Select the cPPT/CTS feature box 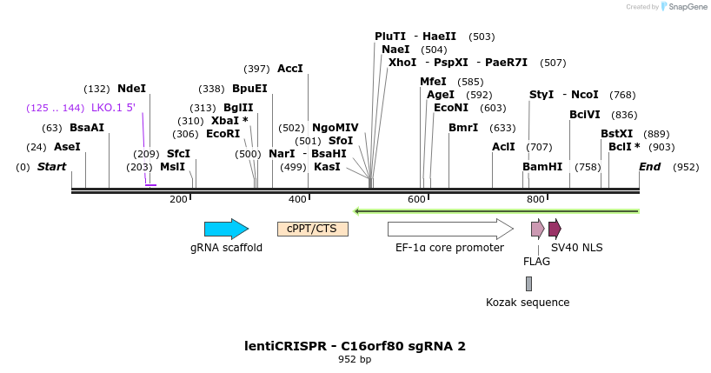312,229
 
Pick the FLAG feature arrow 537,229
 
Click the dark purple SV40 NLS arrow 555,229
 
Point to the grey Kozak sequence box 528,283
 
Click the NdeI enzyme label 131,89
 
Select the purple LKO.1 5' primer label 113,108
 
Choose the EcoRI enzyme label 223,134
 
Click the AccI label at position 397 289,69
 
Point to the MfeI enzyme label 433,82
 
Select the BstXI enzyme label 616,134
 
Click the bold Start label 51,167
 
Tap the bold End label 649,167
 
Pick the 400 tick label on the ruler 297,200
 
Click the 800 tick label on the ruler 535,200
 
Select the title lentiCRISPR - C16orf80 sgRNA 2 355,346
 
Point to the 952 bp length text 355,359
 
